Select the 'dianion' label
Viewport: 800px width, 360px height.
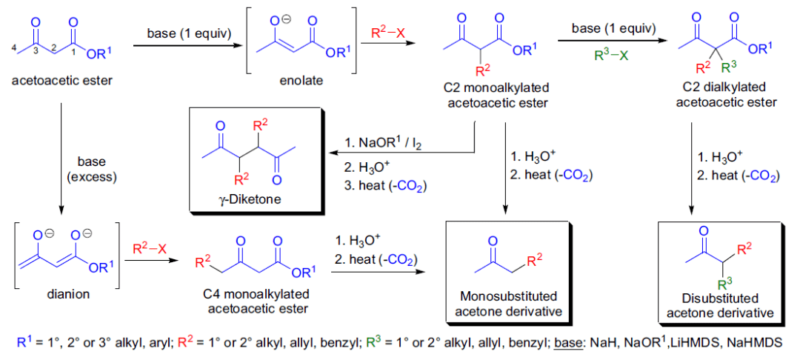click(67, 293)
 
